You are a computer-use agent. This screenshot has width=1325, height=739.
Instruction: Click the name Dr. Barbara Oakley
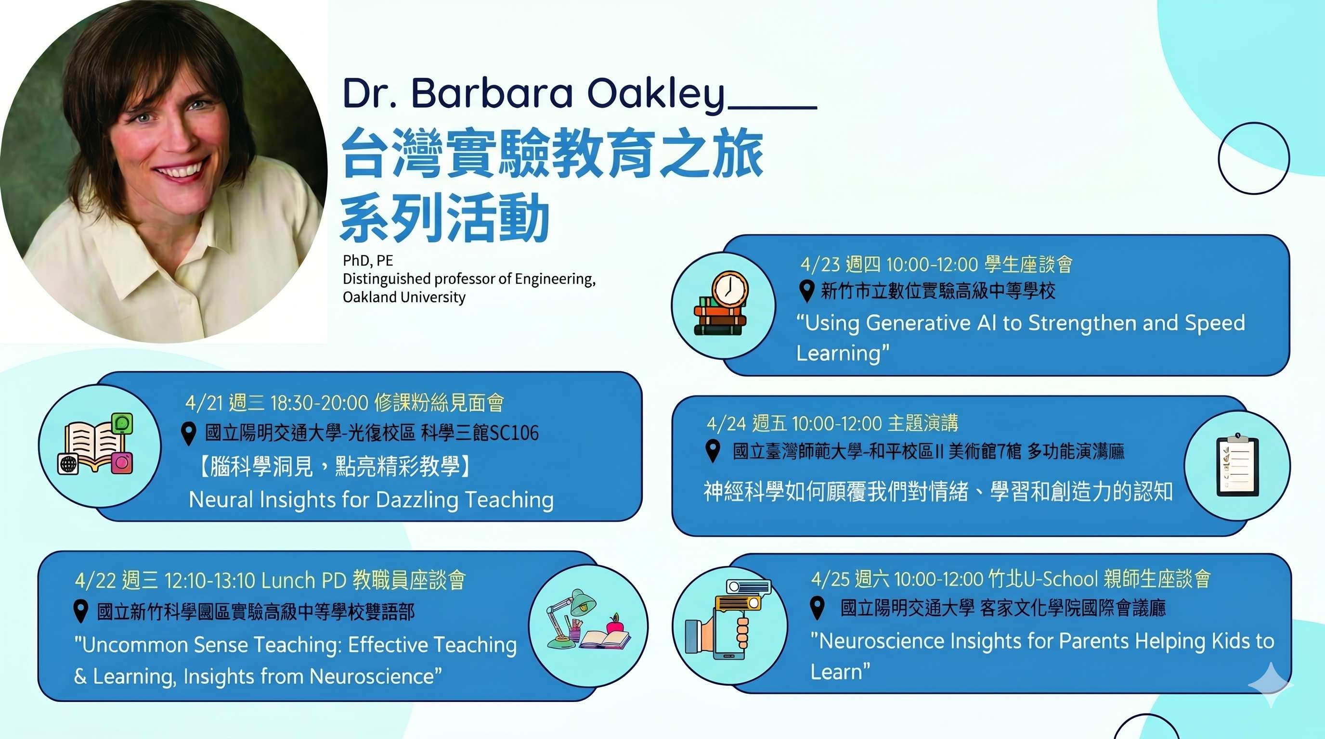pos(533,94)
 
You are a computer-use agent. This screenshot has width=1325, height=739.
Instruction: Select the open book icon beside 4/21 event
pos(96,444)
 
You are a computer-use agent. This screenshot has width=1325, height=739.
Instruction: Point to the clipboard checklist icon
pos(1237,465)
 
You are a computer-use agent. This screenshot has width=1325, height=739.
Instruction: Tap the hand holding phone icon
pos(727,620)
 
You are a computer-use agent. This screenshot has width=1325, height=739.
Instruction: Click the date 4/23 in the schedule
pos(819,265)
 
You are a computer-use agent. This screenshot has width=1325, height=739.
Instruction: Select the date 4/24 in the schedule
pos(726,423)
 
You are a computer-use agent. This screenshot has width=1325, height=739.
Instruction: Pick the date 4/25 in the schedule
pos(830,579)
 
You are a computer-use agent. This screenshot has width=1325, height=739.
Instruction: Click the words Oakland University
pos(404,297)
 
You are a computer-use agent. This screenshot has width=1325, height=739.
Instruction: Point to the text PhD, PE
pos(368,261)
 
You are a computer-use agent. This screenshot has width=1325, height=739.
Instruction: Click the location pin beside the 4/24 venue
pos(713,451)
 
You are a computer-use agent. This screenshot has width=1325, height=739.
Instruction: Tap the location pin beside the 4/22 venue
pos(80,611)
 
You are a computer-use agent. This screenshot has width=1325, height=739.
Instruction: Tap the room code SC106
pos(514,433)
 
